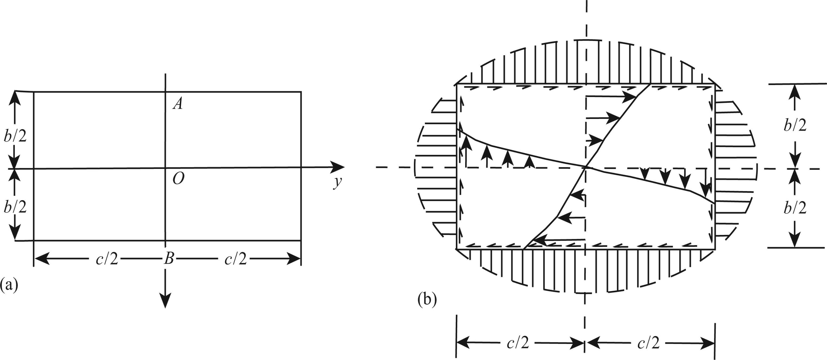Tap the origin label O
pos(178,179)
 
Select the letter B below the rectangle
pos(169,258)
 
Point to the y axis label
pos(337,183)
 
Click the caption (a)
pos(9,285)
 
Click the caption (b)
pos(427,300)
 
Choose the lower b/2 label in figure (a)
pos(15,207)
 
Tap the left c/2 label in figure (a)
pos(107,259)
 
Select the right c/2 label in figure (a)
pos(236,259)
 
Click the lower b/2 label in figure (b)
pos(795,208)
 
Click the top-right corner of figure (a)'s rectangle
pos(301,92)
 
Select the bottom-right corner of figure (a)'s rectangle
pos(301,240)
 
